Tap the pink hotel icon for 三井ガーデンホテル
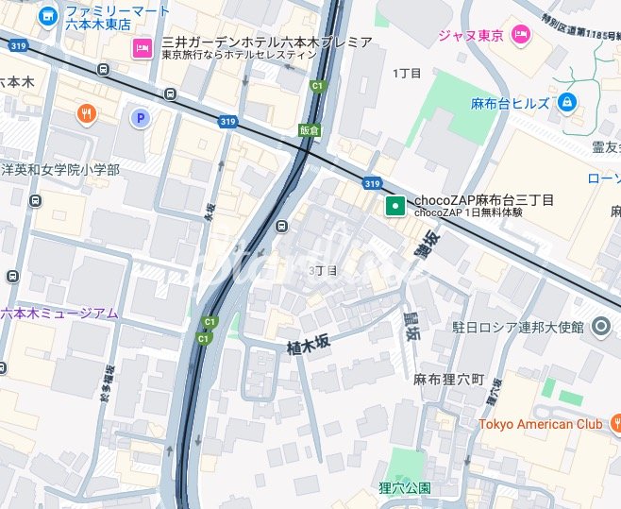pos(143,47)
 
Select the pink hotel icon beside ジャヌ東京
pos(520,35)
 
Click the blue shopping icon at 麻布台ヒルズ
pos(567,102)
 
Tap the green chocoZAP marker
pos(394,205)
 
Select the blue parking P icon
pos(140,118)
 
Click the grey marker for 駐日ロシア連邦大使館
pos(601,328)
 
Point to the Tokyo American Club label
pos(540,424)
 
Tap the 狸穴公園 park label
pos(405,487)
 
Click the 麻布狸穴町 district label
pos(448,379)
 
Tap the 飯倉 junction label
pos(309,129)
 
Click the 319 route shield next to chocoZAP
pos(372,183)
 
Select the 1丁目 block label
pos(408,73)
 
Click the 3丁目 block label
pos(323,270)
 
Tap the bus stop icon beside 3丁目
pos(282,227)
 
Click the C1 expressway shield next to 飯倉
pos(317,86)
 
